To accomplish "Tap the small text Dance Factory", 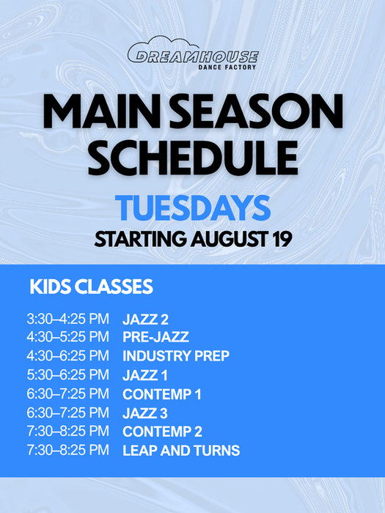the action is pyautogui.click(x=227, y=67).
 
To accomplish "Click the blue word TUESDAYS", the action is pyautogui.click(x=193, y=208).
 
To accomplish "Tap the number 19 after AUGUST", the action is pyautogui.click(x=282, y=239).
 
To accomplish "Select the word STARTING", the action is pyautogui.click(x=140, y=239).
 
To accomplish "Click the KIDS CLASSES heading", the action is pyautogui.click(x=91, y=287).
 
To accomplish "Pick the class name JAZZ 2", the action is pyautogui.click(x=145, y=320).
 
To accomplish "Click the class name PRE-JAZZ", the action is pyautogui.click(x=155, y=337).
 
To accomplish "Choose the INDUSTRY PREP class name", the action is pyautogui.click(x=176, y=356).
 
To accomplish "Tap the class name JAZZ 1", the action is pyautogui.click(x=144, y=375).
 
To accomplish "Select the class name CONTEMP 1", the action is pyautogui.click(x=162, y=394).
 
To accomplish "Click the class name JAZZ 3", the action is pyautogui.click(x=145, y=413).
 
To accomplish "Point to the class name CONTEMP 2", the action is pyautogui.click(x=162, y=432).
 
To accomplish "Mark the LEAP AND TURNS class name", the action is pyautogui.click(x=181, y=451).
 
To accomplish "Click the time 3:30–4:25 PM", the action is pyautogui.click(x=67, y=319).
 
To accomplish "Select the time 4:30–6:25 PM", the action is pyautogui.click(x=67, y=355).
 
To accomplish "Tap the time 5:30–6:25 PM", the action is pyautogui.click(x=67, y=374).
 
